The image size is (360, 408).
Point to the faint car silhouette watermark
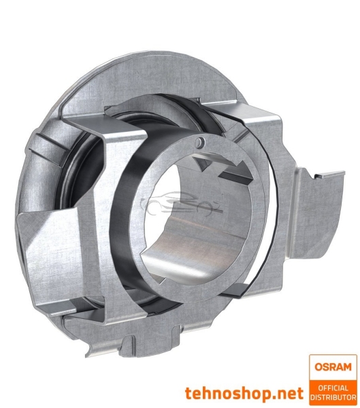click(x=180, y=204)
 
